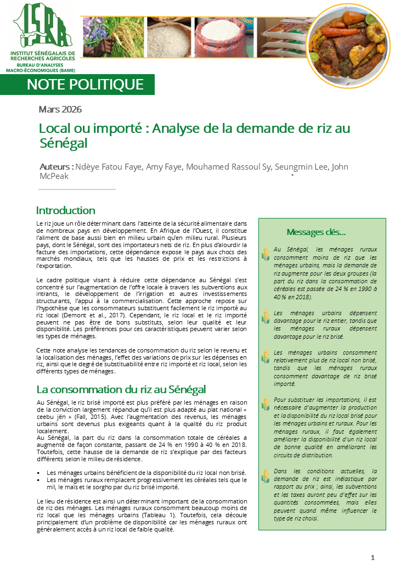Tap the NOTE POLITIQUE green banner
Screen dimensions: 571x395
pos(85,84)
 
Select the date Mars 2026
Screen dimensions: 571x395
pos(60,109)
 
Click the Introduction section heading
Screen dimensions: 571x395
pos(65,210)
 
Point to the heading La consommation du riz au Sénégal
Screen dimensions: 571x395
pos(121,389)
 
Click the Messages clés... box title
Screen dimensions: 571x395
pos(316,232)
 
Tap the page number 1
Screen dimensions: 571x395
pos(373,558)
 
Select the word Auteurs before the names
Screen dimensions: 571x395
pos(56,167)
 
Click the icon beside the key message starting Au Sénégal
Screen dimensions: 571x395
pos(266,254)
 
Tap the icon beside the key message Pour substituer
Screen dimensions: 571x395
pos(266,404)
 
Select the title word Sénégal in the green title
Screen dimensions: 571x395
pos(64,143)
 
